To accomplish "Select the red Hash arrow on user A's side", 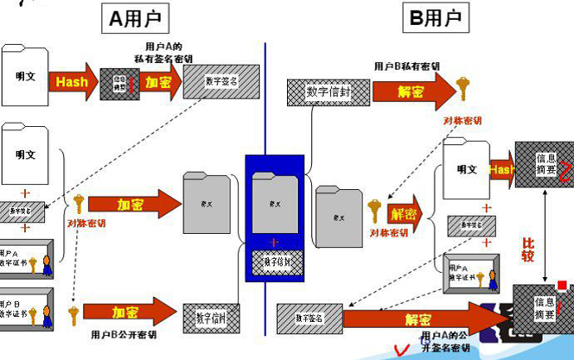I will coord(72,82).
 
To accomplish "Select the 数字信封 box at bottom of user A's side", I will coord(211,315).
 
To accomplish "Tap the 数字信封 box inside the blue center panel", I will coord(277,260).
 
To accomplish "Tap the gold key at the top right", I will coord(462,87).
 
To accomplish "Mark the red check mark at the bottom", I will coord(404,348).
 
